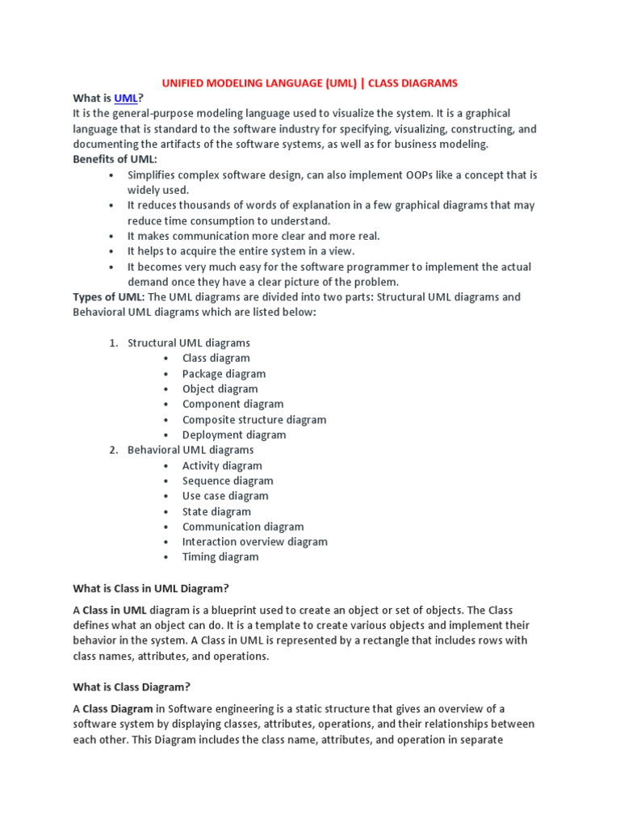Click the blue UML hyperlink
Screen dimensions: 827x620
coord(126,98)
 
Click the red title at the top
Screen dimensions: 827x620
coord(310,82)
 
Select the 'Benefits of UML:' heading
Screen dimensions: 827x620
coord(115,159)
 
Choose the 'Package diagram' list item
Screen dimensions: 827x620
coord(224,374)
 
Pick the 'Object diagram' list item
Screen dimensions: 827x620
coord(220,388)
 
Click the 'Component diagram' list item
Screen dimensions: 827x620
coord(232,404)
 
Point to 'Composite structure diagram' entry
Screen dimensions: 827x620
coord(254,419)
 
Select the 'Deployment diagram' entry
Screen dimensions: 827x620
coord(234,434)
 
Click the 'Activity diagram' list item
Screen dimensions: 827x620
coord(222,465)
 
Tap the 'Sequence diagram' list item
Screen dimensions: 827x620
coord(228,481)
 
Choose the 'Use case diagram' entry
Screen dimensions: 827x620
coord(225,496)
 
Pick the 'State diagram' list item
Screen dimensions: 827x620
coord(216,511)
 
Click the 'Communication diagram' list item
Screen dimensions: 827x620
coord(243,527)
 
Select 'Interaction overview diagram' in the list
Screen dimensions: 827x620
coord(254,542)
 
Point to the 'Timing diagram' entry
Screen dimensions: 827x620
coord(220,556)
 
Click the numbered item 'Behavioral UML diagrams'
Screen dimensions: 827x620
coord(191,450)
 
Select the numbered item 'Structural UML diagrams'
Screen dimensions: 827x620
coord(189,343)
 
